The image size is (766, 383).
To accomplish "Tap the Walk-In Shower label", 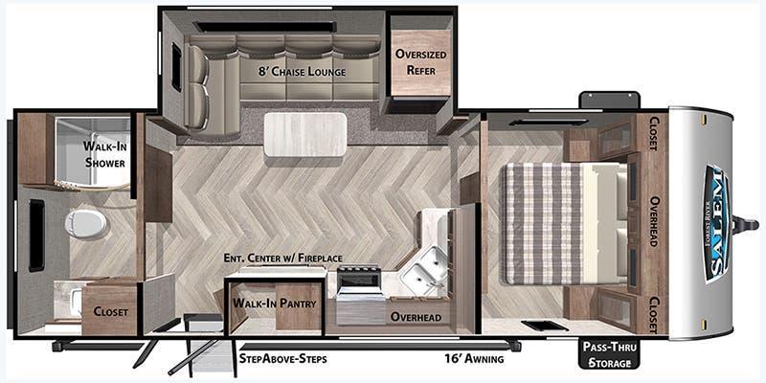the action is tap(104, 154).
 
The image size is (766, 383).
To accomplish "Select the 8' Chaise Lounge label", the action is tap(302, 71).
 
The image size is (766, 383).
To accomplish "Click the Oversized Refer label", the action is tap(420, 62).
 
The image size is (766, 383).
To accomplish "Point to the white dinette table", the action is tap(305, 134).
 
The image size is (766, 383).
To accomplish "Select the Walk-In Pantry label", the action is tap(275, 303).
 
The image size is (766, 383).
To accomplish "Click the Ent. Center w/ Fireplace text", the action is tap(282, 258).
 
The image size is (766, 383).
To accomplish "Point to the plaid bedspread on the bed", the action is tap(544, 223).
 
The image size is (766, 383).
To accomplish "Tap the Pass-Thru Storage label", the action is tap(608, 355).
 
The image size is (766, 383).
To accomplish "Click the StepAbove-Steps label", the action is tap(282, 359).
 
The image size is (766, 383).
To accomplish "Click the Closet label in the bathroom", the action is tap(111, 312).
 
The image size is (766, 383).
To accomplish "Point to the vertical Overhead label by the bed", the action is tap(655, 221).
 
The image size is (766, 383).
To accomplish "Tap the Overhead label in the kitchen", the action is tap(416, 317).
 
